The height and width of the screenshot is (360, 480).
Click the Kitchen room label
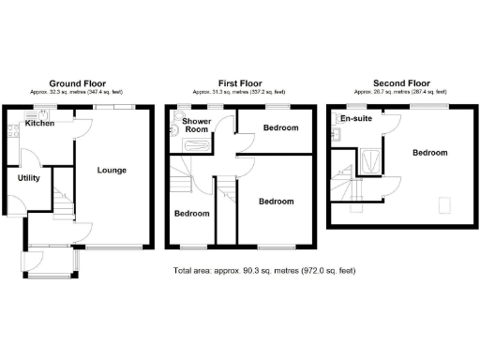pyautogui.click(x=39, y=123)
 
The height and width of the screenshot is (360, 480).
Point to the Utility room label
pyautogui.click(x=28, y=177)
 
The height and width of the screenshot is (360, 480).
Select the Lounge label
pyautogui.click(x=112, y=170)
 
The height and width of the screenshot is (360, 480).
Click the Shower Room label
pyautogui.click(x=197, y=127)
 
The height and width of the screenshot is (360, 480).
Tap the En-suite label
pyautogui.click(x=354, y=120)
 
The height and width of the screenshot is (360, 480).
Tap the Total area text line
pyautogui.click(x=264, y=271)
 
